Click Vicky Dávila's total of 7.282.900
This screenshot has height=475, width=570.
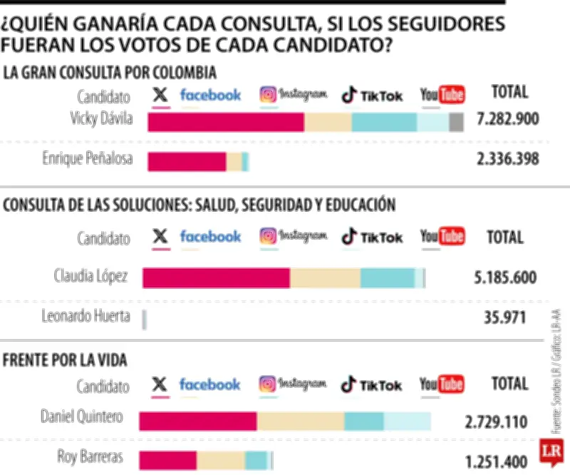coord(507,119)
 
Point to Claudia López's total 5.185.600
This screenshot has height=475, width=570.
coord(505,277)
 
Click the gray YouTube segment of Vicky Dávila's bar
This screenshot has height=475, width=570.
coord(457,122)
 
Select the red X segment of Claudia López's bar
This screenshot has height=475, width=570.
coord(216,278)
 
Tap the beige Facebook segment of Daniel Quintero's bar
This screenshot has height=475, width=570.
coord(300,422)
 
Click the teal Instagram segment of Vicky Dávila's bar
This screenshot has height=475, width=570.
coord(384,122)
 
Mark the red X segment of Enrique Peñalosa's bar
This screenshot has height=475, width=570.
coord(187,162)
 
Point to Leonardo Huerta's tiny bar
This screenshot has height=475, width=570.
coord(145,319)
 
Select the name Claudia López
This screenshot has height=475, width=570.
coord(91,275)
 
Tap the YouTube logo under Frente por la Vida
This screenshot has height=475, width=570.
coord(442,385)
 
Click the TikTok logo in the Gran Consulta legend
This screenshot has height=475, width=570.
coord(372,95)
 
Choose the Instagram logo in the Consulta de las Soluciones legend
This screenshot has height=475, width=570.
coord(293,236)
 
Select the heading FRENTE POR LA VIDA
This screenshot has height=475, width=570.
coord(66,360)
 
